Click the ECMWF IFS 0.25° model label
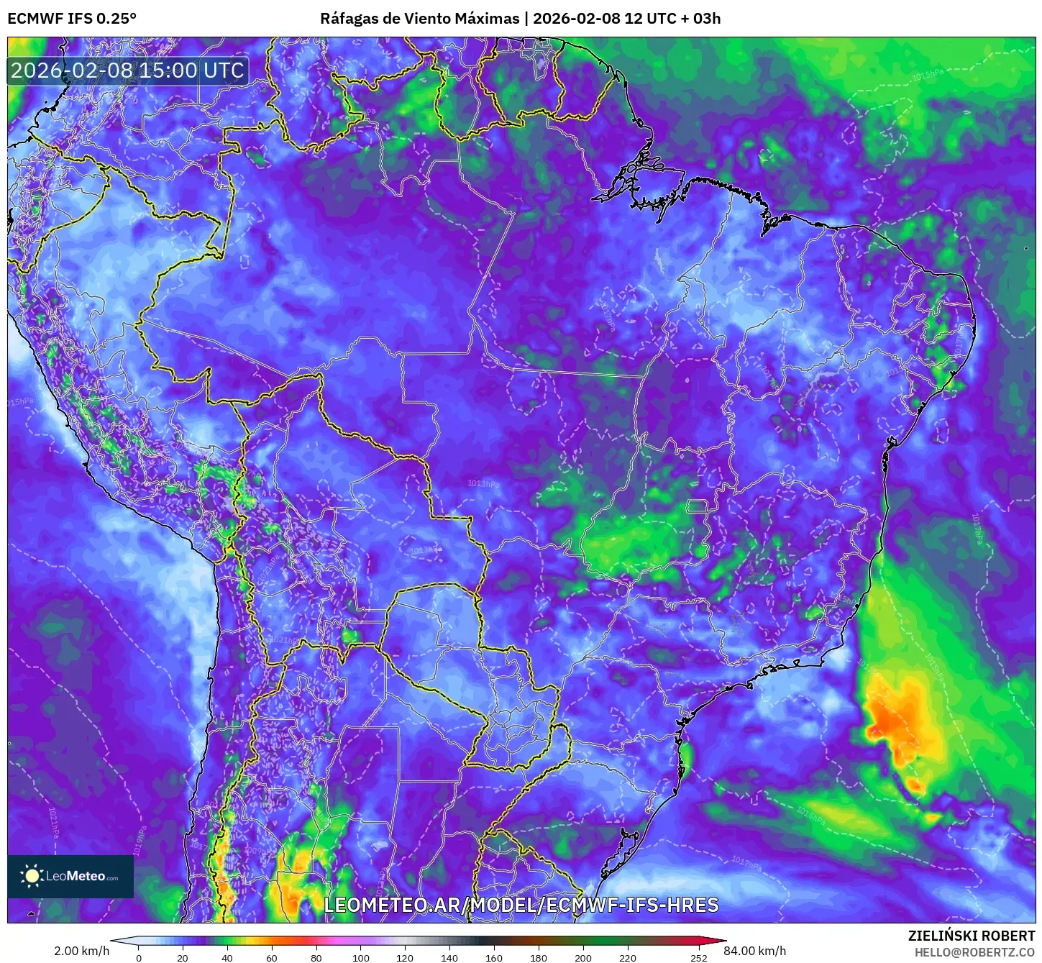pyautogui.click(x=71, y=18)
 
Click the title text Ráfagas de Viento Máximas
pyautogui.click(x=419, y=18)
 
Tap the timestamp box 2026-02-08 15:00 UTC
pyautogui.click(x=127, y=70)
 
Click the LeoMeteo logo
pyautogui.click(x=70, y=876)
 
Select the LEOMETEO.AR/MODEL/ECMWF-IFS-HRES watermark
pyautogui.click(x=521, y=905)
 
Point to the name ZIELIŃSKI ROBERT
pyautogui.click(x=971, y=936)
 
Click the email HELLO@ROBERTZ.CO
pyautogui.click(x=974, y=952)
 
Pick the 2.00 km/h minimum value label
pyautogui.click(x=81, y=951)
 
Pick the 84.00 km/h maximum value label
pyautogui.click(x=754, y=951)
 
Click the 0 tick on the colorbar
pyautogui.click(x=139, y=957)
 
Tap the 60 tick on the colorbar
pyautogui.click(x=272, y=957)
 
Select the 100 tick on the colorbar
pyautogui.click(x=361, y=957)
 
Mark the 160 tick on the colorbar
pyautogui.click(x=494, y=957)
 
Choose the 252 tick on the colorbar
pyautogui.click(x=699, y=957)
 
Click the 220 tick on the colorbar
pyautogui.click(x=628, y=957)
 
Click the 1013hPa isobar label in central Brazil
pyautogui.click(x=483, y=483)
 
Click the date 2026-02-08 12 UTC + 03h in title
pyautogui.click(x=626, y=18)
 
